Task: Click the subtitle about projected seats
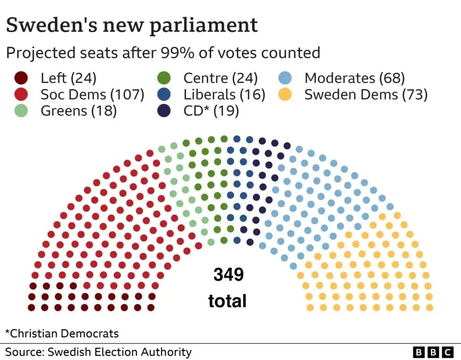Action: click(x=163, y=52)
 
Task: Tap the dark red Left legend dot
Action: click(x=21, y=78)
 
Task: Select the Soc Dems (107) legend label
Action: click(x=92, y=94)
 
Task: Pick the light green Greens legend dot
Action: click(x=21, y=111)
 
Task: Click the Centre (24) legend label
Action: click(x=220, y=78)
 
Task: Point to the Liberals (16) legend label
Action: click(x=224, y=94)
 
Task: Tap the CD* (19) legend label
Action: click(x=211, y=111)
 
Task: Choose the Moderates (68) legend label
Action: click(x=354, y=78)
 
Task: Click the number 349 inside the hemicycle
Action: click(x=228, y=274)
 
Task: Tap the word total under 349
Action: click(x=228, y=301)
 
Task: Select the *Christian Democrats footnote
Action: click(x=62, y=334)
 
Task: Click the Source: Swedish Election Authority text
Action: click(x=98, y=352)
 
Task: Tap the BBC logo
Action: click(x=433, y=352)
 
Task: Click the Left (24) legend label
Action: click(x=68, y=78)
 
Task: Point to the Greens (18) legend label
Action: click(x=78, y=111)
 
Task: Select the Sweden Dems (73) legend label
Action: click(x=366, y=94)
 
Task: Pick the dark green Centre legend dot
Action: click(x=164, y=78)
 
